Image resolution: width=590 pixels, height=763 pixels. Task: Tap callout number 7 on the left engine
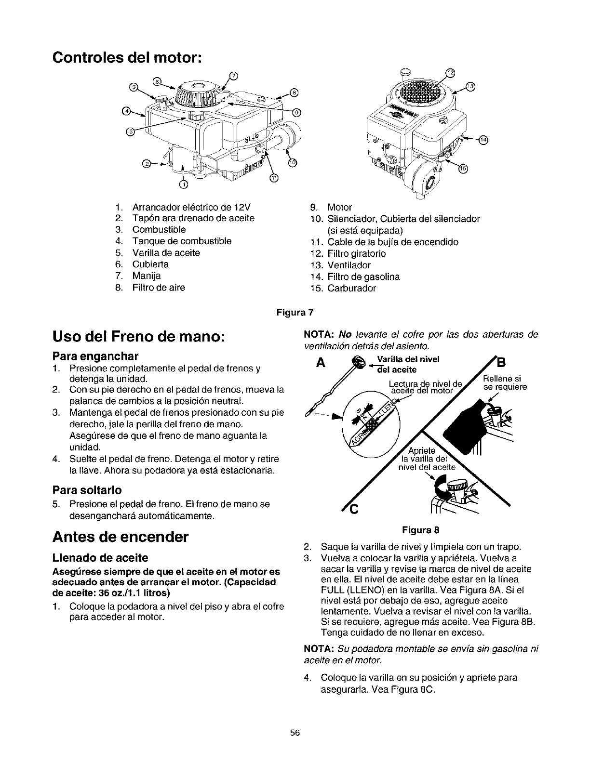[x=233, y=75]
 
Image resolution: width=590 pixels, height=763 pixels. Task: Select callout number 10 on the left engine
[x=292, y=163]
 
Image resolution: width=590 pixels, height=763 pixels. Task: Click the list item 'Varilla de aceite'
[x=166, y=252]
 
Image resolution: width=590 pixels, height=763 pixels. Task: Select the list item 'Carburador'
[x=352, y=288]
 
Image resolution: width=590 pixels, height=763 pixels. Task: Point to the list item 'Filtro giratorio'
[x=357, y=253]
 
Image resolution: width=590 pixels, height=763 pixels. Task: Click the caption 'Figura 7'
[x=295, y=312]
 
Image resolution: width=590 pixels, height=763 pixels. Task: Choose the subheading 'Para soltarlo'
[x=87, y=490]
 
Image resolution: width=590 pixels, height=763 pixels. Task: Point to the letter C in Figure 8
[x=353, y=509]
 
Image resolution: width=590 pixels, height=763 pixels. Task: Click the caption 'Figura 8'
[x=421, y=530]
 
